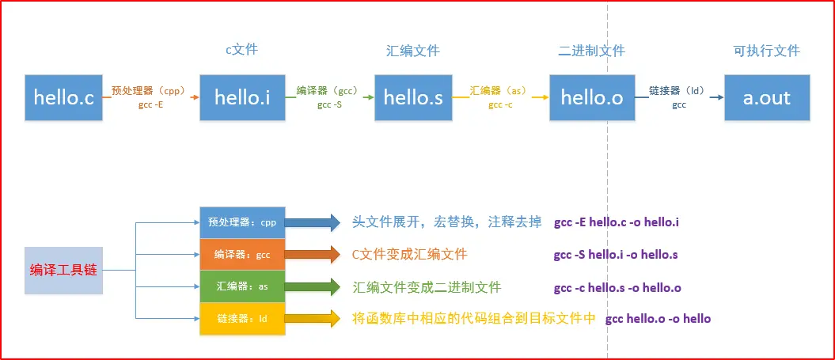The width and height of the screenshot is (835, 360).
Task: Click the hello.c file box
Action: tap(63, 97)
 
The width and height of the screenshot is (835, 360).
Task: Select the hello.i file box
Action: tap(242, 97)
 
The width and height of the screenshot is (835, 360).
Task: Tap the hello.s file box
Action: tap(412, 97)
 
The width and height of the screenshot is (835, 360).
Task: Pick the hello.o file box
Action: tap(592, 97)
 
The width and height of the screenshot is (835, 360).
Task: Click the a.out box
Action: tap(766, 97)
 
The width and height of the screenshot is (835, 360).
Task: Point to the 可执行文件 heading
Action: tap(766, 51)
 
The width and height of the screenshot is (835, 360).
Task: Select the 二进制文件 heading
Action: tap(591, 51)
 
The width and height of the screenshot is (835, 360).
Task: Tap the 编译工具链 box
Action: tap(63, 270)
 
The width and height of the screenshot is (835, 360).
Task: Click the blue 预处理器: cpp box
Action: tap(242, 222)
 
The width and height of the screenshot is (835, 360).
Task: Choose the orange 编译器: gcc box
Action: tap(242, 254)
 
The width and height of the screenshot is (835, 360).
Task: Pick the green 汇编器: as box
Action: tap(242, 286)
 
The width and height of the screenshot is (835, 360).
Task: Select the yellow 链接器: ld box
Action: tap(242, 318)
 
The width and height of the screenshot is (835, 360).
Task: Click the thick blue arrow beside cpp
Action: tap(313, 222)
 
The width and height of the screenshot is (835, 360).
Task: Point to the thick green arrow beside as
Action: tap(313, 286)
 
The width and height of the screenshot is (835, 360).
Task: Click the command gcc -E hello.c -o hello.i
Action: tap(616, 222)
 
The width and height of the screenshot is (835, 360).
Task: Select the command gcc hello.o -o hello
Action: tap(658, 319)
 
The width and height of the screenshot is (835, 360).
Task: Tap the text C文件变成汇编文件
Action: tap(409, 255)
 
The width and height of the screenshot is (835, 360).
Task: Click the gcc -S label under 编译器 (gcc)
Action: tap(330, 104)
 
